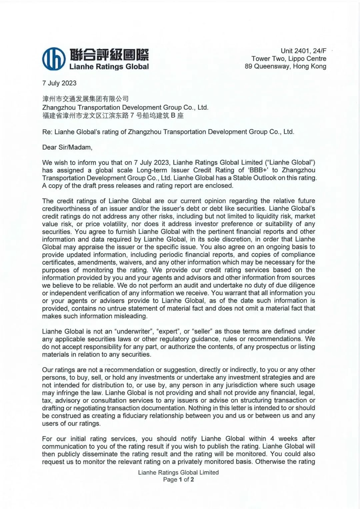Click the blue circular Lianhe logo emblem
point(54,59)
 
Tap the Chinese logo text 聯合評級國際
point(109,54)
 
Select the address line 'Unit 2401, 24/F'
point(303,51)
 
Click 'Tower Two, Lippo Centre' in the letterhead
point(289,59)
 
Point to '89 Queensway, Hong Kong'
point(285,66)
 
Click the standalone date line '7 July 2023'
point(59,83)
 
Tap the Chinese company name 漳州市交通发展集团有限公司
point(85,99)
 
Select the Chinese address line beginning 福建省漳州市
point(113,116)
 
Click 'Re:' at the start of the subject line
point(47,132)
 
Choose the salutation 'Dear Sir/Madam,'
point(67,147)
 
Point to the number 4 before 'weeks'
point(272,439)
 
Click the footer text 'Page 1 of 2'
point(178,480)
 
